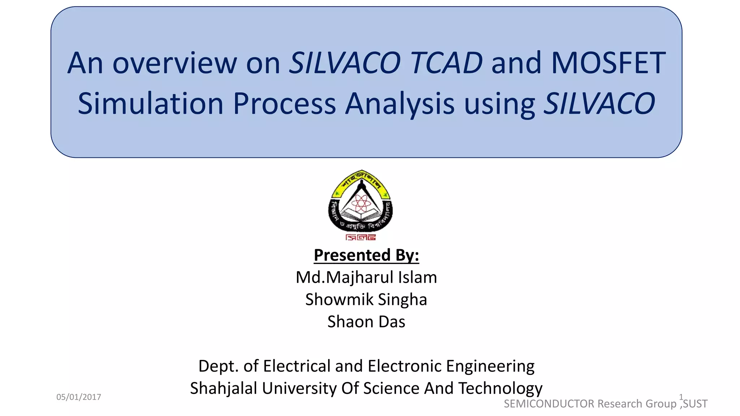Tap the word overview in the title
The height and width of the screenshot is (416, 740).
(x=175, y=63)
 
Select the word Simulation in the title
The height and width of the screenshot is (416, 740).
(x=151, y=104)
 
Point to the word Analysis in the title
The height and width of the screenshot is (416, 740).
(x=400, y=104)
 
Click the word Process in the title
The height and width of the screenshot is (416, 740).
(x=285, y=104)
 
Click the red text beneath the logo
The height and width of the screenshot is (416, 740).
(x=361, y=237)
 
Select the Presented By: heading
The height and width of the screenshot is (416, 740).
(x=366, y=255)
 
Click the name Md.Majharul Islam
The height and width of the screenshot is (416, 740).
(x=366, y=277)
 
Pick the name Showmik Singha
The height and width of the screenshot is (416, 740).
(x=366, y=299)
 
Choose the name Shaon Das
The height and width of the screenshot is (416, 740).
(x=366, y=321)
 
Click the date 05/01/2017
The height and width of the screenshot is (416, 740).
(x=79, y=397)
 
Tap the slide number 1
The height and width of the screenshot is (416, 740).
(x=681, y=397)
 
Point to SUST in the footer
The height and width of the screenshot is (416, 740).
(x=695, y=404)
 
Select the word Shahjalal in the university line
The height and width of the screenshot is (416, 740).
(x=224, y=388)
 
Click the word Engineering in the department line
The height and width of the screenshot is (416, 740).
(x=490, y=366)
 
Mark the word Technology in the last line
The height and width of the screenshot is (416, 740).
(x=500, y=388)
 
